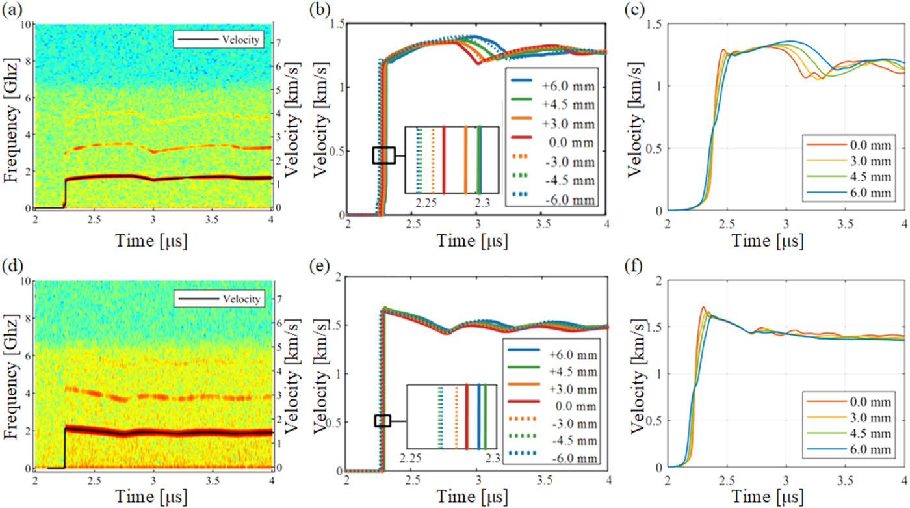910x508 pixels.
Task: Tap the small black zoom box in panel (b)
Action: point(383,155)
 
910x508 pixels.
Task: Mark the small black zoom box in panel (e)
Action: point(383,420)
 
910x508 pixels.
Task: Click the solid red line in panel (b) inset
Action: point(444,160)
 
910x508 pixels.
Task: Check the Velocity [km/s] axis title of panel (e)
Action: point(323,374)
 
